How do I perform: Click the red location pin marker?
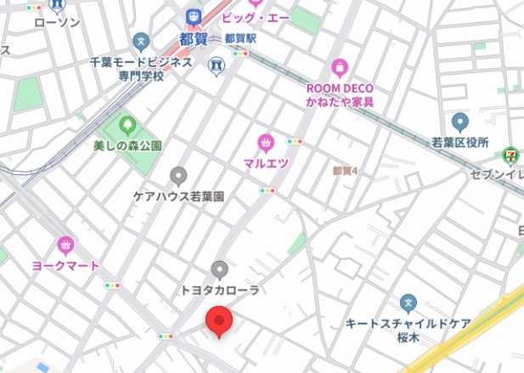pyautogui.click(x=219, y=322)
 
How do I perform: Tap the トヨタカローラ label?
pyautogui.click(x=219, y=290)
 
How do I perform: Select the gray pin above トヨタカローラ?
pyautogui.click(x=219, y=270)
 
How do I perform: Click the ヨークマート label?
pyautogui.click(x=66, y=265)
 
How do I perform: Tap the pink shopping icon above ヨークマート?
pyautogui.click(x=65, y=246)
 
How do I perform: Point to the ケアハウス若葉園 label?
pyautogui.click(x=178, y=195)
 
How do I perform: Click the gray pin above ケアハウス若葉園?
pyautogui.click(x=178, y=176)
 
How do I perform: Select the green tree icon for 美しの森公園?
pyautogui.click(x=127, y=127)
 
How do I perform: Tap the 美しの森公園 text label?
pyautogui.click(x=127, y=145)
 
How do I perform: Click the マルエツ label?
pyautogui.click(x=266, y=162)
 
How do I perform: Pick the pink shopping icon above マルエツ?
pyautogui.click(x=266, y=142)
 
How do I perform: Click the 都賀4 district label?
pyautogui.click(x=345, y=171)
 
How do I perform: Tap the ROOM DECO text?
pyautogui.click(x=340, y=88)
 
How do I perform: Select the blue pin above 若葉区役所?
pyautogui.click(x=459, y=122)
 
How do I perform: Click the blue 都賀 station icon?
pyautogui.click(x=194, y=18)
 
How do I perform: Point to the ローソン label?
pyautogui.click(x=57, y=23)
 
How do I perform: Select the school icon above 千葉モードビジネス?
pyautogui.click(x=141, y=41)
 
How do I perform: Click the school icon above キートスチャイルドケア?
pyautogui.click(x=408, y=302)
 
